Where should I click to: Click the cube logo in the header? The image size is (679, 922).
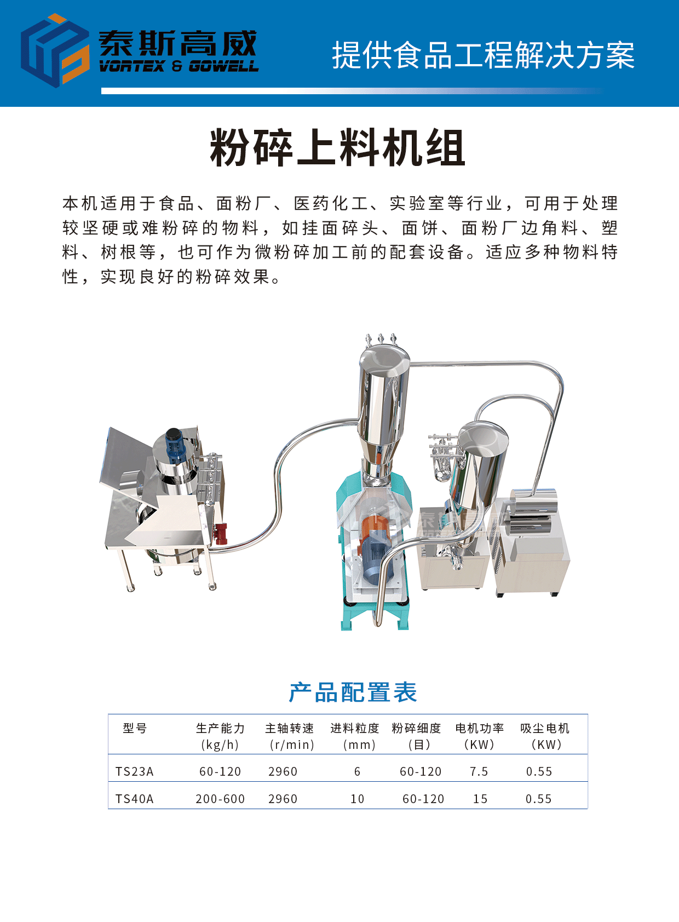(x=55, y=50)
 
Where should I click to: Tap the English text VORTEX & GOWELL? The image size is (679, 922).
(x=179, y=66)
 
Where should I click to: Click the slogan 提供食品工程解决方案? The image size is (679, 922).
(x=483, y=55)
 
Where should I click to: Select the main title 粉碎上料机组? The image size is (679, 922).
(x=337, y=147)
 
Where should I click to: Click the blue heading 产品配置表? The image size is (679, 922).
(x=353, y=692)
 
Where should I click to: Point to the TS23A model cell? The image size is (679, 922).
(x=134, y=771)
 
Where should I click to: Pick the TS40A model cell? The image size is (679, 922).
(x=134, y=799)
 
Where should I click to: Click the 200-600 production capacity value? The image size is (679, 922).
(x=220, y=799)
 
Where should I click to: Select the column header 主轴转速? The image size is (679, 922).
(x=289, y=728)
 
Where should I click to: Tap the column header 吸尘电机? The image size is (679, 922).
(x=544, y=728)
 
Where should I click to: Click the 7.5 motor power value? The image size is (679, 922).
(x=479, y=771)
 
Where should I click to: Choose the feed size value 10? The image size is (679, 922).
(x=357, y=799)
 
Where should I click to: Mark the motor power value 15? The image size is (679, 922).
(x=480, y=799)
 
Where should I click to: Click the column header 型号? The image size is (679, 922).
(x=135, y=728)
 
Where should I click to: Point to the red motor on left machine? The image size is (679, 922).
(x=221, y=534)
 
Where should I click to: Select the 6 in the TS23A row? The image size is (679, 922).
(x=357, y=771)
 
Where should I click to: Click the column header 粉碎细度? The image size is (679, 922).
(x=416, y=728)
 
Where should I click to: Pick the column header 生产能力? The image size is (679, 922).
(x=220, y=728)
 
